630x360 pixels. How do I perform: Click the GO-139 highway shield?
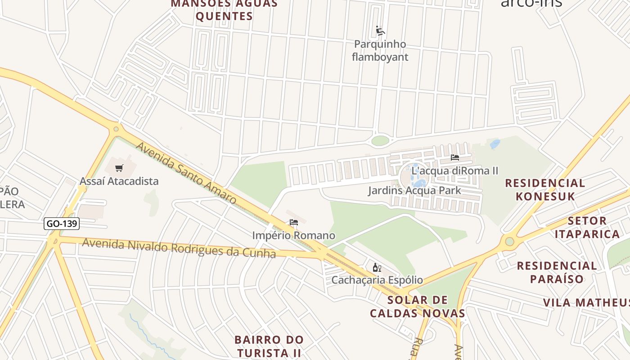pos(62,223)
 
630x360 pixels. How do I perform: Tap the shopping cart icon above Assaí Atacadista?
pos(119,168)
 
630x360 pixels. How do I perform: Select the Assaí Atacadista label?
pos(119,181)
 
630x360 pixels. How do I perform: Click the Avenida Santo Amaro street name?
pos(186,173)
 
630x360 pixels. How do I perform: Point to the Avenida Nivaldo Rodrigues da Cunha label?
pos(179,248)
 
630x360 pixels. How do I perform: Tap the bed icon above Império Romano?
pos(294,222)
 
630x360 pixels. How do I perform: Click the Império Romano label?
pos(293,235)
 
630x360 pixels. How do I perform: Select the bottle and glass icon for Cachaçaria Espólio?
pos(377,268)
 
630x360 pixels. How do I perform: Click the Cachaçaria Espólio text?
pos(377,280)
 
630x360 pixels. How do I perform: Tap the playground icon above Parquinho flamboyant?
pos(380,31)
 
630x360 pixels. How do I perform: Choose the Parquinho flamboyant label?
pos(380,50)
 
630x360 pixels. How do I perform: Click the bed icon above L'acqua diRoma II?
pos(455,157)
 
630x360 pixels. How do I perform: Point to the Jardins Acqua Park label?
pos(414,190)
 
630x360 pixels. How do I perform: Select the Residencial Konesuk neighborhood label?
pos(545,189)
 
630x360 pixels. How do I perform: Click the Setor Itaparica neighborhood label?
pos(587,227)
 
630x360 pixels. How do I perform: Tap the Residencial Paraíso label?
pos(557,272)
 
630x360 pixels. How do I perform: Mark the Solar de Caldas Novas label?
pos(417,306)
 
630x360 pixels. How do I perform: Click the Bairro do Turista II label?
pos(269,346)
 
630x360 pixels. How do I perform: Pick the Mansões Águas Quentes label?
pos(225,10)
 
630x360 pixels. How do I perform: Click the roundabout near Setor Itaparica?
pos(509,242)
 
